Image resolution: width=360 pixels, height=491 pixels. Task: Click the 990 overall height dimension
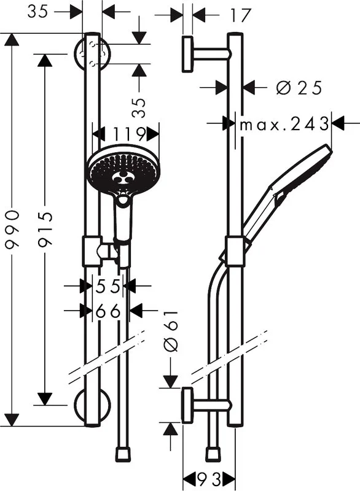coord(13,230)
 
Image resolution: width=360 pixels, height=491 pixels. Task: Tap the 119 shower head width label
coord(129,134)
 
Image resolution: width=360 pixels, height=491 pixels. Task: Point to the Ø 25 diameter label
coord(299,87)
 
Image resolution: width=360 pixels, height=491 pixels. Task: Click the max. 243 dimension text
coord(284,125)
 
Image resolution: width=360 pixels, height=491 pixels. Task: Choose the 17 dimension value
coord(241,15)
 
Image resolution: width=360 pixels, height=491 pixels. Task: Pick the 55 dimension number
coord(108,286)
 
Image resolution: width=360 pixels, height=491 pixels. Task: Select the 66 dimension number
coord(108,311)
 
